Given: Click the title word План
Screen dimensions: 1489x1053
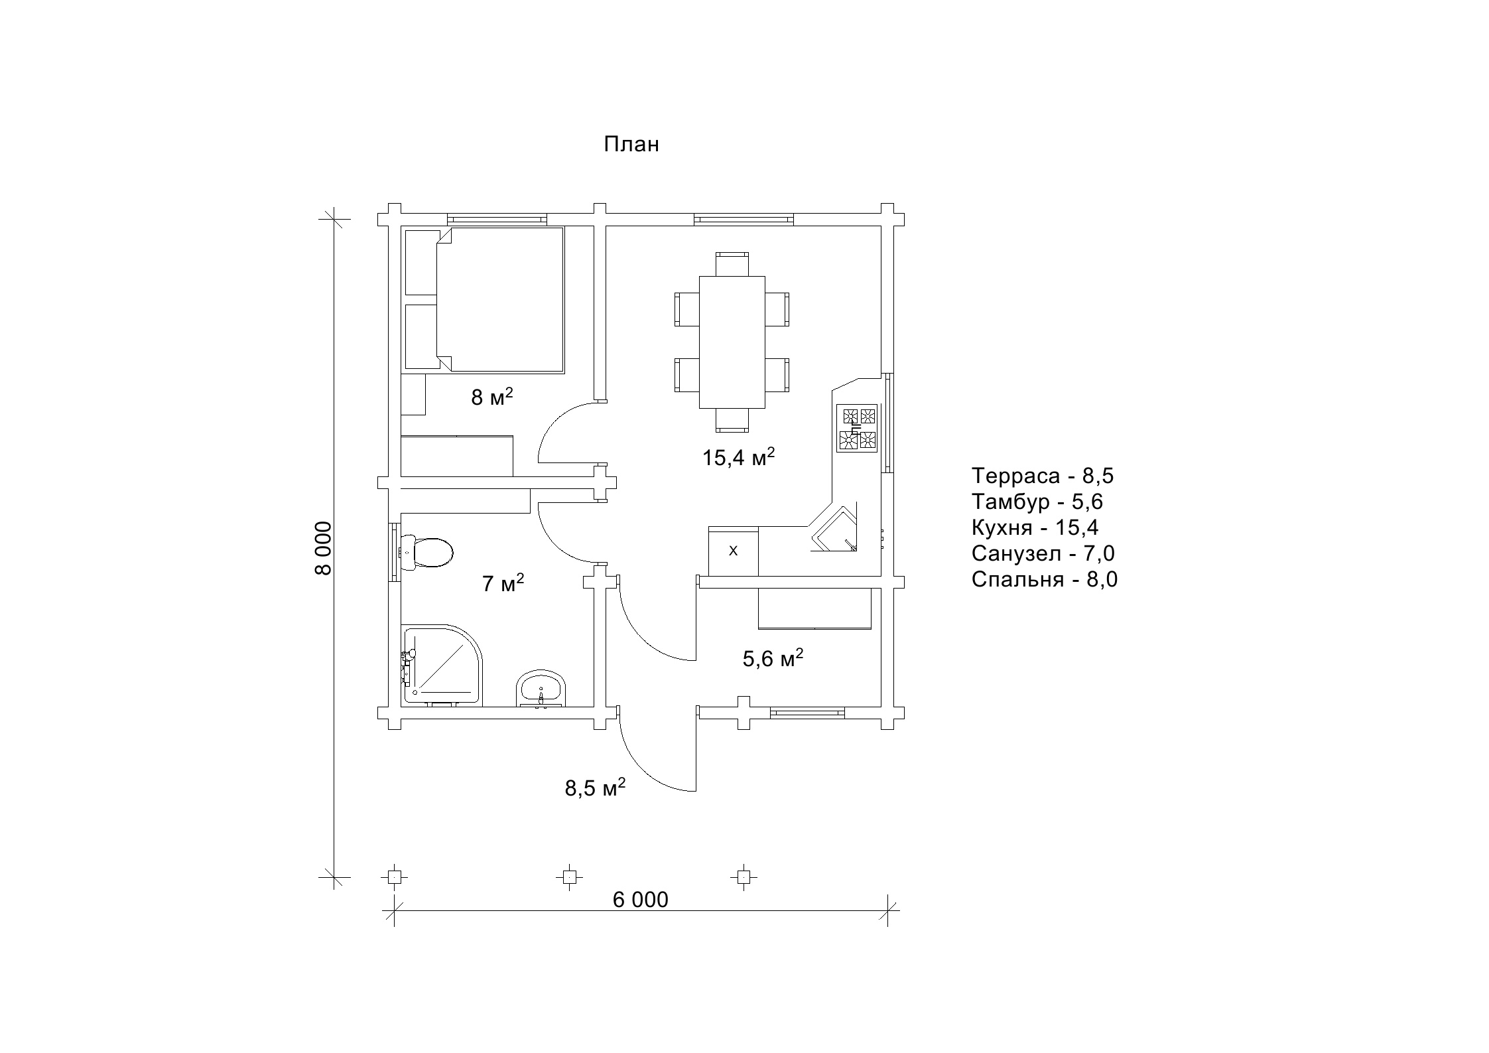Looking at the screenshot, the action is point(631,145).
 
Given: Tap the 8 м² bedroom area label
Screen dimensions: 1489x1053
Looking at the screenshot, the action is point(492,397).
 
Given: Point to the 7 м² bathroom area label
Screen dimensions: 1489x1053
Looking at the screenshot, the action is point(503,583).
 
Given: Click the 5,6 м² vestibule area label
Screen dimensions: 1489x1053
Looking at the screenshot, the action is point(773,658).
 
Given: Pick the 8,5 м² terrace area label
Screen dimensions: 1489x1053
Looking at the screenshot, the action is point(595,788).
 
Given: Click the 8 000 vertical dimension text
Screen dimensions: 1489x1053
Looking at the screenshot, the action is point(323,547).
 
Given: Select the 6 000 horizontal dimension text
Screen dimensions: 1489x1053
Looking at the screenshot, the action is point(640,900).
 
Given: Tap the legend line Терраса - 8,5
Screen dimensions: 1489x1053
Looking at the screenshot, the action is point(1043,476).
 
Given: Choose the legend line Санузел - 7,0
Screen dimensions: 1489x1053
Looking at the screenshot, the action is point(1043,553).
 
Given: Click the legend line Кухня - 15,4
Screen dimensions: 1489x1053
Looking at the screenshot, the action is point(1035,527).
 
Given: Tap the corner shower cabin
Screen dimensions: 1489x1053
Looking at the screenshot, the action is point(442,665).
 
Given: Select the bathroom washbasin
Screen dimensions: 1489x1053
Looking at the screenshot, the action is point(542,689).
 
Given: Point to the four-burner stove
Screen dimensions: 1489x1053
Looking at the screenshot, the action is point(858,429).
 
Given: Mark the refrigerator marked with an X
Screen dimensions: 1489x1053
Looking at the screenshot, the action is point(733,551).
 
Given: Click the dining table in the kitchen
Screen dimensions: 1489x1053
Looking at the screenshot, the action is point(732,342).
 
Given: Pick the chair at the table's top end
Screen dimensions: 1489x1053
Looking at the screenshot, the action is point(732,264).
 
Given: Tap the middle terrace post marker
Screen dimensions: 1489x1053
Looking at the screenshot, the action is point(568,877).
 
